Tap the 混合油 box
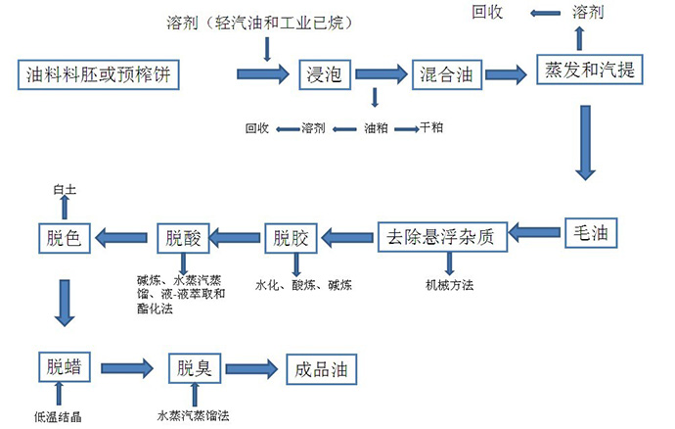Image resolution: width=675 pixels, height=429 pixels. (x=446, y=72)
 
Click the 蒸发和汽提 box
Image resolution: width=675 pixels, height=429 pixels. (x=585, y=71)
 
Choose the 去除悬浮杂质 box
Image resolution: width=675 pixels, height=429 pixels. (x=443, y=236)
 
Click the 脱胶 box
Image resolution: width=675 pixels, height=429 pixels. (x=290, y=236)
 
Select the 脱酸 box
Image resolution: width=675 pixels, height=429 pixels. (x=183, y=236)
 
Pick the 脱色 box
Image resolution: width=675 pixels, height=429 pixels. (x=65, y=236)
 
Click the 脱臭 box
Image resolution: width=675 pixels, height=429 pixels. (x=194, y=368)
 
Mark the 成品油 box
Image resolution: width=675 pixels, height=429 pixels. (x=320, y=369)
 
